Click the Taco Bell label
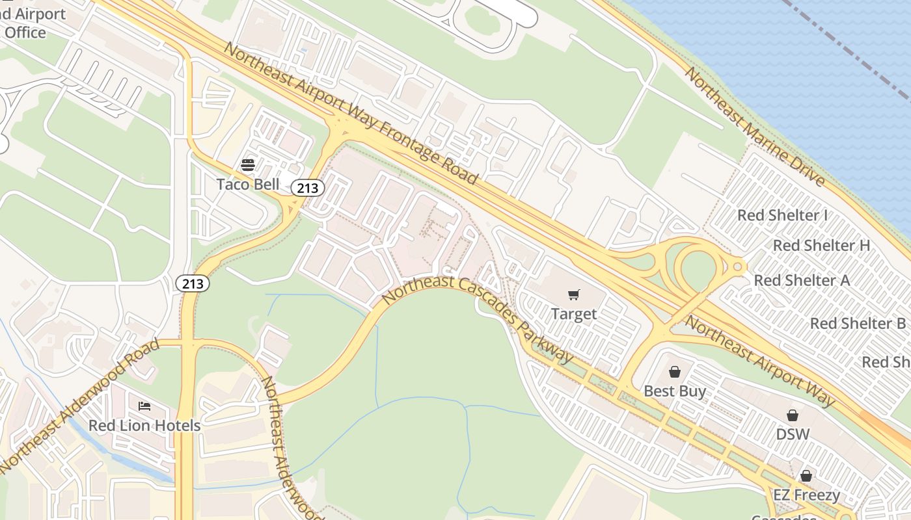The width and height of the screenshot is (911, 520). [247, 185]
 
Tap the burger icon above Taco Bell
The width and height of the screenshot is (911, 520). [247, 164]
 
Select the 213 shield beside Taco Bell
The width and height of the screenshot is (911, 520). [307, 188]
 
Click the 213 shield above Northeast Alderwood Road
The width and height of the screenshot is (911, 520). [193, 283]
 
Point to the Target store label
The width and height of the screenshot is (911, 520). [573, 315]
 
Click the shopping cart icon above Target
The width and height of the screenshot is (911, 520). [573, 295]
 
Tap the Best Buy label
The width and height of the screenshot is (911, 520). [675, 391]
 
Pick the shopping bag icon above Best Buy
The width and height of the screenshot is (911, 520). [675, 372]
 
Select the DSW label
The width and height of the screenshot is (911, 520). [793, 434]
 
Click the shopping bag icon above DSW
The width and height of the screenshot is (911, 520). [793, 415]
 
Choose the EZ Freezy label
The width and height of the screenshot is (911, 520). [806, 495]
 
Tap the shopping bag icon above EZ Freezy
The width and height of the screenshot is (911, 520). [806, 476]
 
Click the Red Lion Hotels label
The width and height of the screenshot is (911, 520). [144, 426]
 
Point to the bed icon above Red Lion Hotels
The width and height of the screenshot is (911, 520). [144, 406]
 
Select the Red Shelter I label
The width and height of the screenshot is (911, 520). [782, 215]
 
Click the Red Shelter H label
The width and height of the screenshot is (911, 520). [821, 246]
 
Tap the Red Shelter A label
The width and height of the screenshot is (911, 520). [802, 281]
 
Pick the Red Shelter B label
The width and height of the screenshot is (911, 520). [858, 324]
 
